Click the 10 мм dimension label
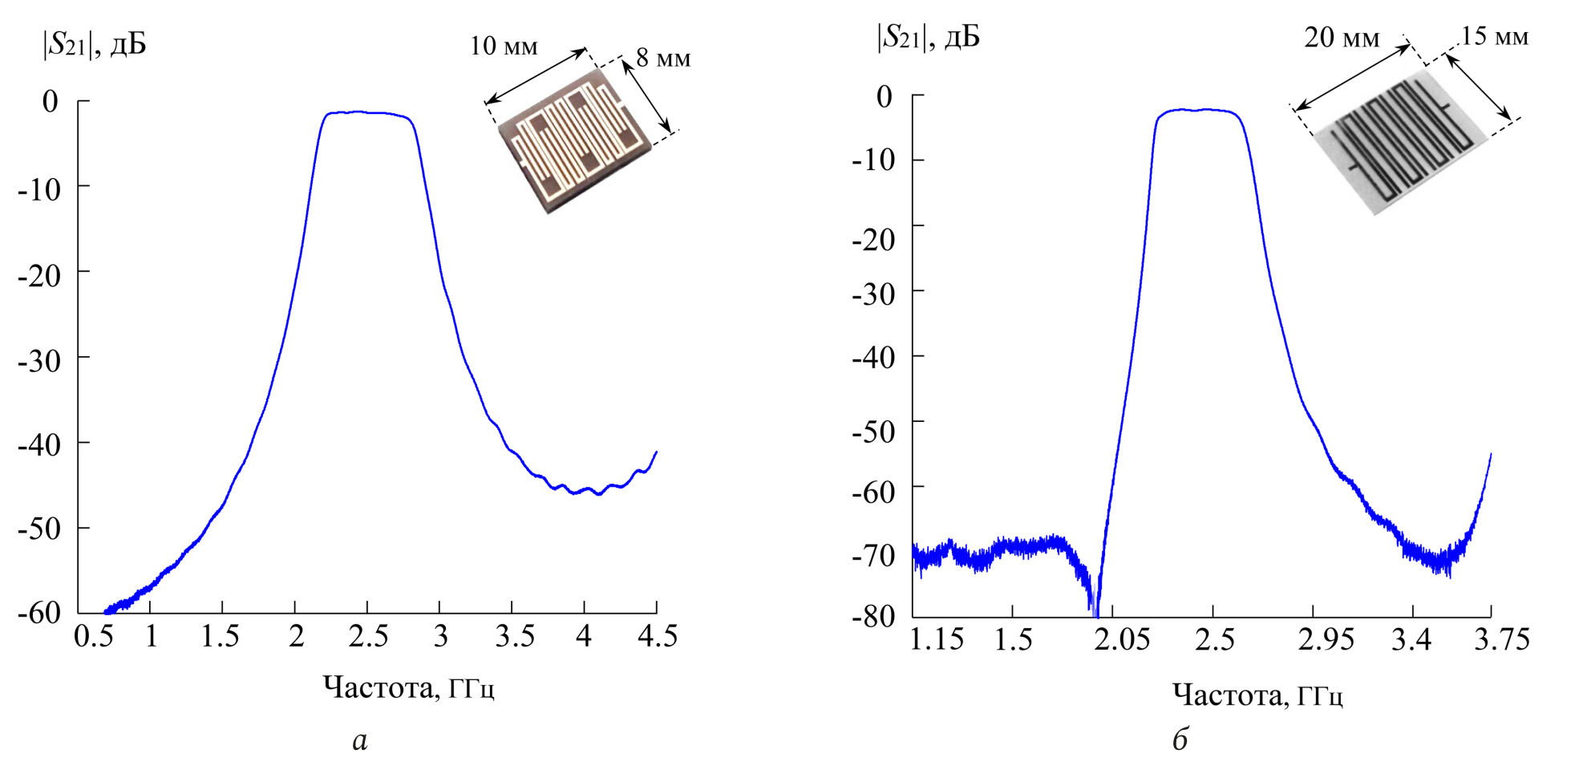pyautogui.click(x=504, y=47)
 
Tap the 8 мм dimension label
pyautogui.click(x=663, y=59)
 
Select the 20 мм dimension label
pyautogui.click(x=1341, y=38)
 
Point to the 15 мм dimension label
pyautogui.click(x=1494, y=36)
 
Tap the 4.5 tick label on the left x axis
pyautogui.click(x=657, y=637)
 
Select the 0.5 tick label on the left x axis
pyautogui.click(x=93, y=637)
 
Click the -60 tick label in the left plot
pyautogui.click(x=39, y=613)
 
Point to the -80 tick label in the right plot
pyautogui.click(x=873, y=616)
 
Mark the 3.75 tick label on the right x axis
pyautogui.click(x=1502, y=640)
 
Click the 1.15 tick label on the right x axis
pyautogui.click(x=937, y=640)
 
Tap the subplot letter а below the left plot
pyautogui.click(x=360, y=740)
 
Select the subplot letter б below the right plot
pyautogui.click(x=1180, y=739)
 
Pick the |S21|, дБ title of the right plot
pyautogui.click(x=929, y=37)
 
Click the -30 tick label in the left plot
pyautogui.click(x=39, y=361)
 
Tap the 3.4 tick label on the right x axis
pyautogui.click(x=1411, y=640)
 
